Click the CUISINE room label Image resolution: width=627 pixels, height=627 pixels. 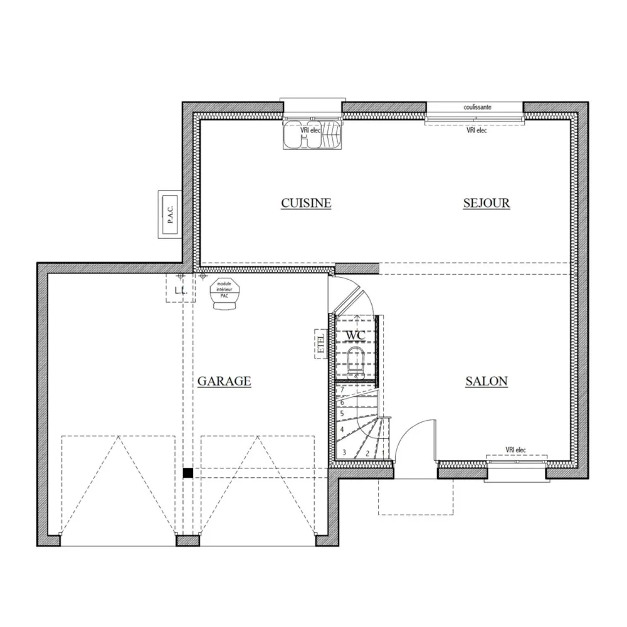coord(306,203)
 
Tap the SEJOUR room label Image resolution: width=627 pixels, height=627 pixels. coord(487,203)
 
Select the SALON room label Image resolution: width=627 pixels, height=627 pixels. coord(487,381)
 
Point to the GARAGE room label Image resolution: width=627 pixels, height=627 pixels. coord(224,381)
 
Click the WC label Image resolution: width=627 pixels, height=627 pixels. coord(356,335)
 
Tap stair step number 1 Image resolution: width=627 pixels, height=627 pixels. coord(383,452)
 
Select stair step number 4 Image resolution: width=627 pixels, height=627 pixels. coord(342,430)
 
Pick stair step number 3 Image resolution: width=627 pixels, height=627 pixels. coord(344,452)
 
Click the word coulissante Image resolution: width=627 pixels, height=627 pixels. coord(477,107)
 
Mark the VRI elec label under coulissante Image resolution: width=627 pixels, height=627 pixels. coord(477,131)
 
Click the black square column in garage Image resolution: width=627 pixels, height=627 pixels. coord(187,473)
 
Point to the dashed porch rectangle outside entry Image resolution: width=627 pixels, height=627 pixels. coord(416,497)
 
